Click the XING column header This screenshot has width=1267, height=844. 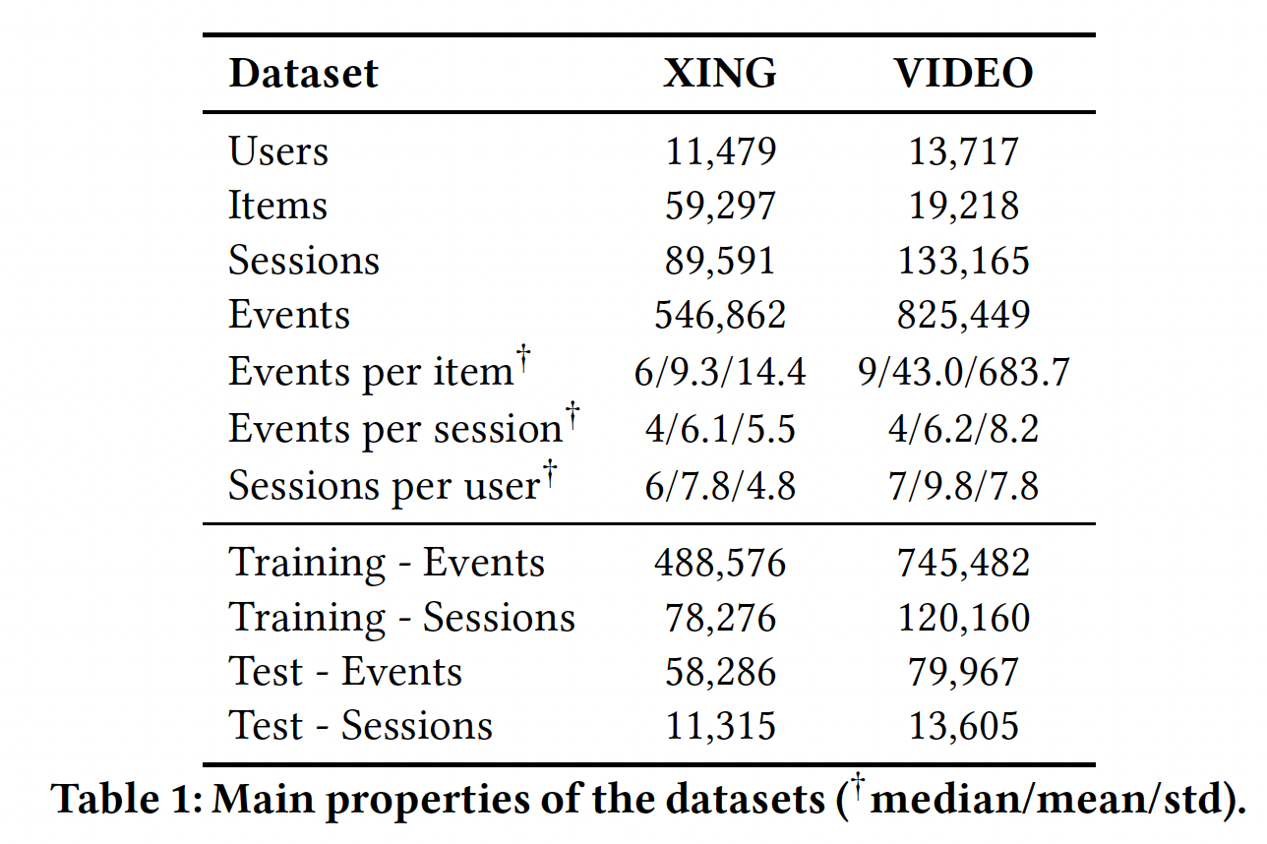coord(719,74)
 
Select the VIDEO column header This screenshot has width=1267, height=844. coord(963,74)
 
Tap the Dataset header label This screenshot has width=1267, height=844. coord(303,75)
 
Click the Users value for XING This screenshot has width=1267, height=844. coord(719,151)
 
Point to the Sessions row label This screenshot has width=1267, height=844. coord(303,261)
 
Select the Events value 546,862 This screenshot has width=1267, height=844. coord(719,315)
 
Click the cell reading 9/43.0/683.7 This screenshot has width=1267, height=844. coord(963,372)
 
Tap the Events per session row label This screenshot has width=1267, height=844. coord(394,429)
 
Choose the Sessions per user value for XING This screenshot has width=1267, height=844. coord(719,486)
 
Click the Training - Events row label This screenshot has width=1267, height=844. coord(386,563)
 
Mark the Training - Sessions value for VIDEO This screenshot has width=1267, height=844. coord(963,618)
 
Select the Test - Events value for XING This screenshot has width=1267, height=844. coord(719,672)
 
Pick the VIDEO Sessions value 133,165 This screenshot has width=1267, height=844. coord(963,261)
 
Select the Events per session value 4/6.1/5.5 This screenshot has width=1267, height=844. coord(719,429)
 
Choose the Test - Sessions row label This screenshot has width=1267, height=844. coord(360,726)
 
